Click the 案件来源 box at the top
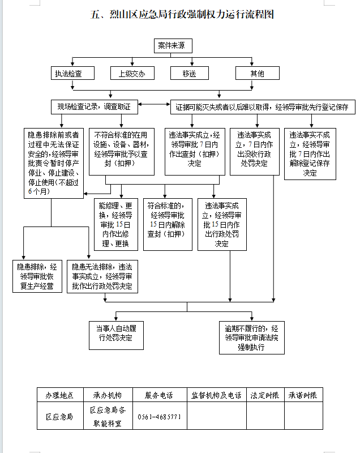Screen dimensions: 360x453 point(173,46)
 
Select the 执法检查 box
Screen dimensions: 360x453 point(73,73)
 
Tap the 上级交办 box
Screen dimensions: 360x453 point(132,73)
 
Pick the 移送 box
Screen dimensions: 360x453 point(190,73)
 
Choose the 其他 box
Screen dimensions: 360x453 point(257,73)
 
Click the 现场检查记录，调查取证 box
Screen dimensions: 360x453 point(95,107)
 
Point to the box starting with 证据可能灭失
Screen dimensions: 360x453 point(263,107)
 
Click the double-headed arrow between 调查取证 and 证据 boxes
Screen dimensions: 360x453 point(154,104)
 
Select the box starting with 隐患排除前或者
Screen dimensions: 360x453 point(54,163)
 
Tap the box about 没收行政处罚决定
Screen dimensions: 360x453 point(255,152)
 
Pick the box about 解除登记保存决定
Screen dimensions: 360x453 point(310,154)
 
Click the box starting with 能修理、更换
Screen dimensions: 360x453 point(116,224)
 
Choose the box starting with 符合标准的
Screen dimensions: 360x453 point(168,224)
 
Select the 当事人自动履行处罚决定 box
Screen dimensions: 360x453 point(116,335)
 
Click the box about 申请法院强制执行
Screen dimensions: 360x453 point(252,337)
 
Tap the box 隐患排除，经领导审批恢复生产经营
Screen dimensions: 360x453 point(37,276)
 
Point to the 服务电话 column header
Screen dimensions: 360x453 point(159,395)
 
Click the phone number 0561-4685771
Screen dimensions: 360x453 point(159,417)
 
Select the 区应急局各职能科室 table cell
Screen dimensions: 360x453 point(108,416)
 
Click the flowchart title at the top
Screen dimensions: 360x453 point(182,14)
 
